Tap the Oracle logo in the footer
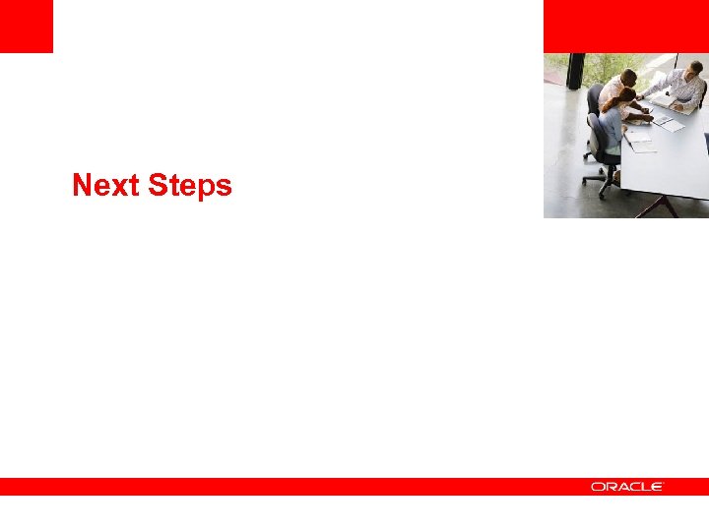[x=627, y=487]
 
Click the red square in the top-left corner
[x=26, y=26]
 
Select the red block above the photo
[x=625, y=26]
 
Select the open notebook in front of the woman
[x=639, y=142]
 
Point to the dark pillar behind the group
[x=576, y=72]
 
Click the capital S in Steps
[x=158, y=186]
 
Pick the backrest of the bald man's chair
[x=594, y=98]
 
